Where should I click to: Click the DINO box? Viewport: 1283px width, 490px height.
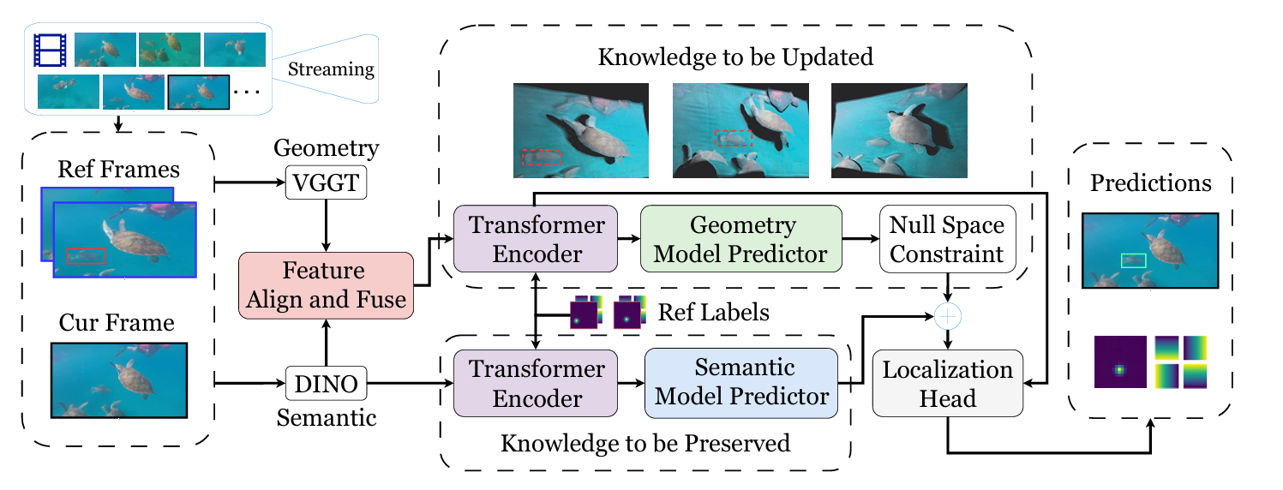point(326,384)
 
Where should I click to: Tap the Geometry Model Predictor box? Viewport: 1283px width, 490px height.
point(742,240)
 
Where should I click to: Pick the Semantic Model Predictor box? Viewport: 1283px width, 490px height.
point(740,384)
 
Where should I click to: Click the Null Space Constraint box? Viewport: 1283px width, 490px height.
point(946,240)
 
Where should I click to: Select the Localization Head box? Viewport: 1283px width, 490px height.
point(948,384)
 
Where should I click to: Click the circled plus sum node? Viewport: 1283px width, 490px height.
point(947,316)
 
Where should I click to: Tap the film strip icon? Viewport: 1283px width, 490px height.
point(50,50)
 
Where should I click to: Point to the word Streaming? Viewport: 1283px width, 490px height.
point(331,69)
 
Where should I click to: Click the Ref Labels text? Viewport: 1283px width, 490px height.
point(714,313)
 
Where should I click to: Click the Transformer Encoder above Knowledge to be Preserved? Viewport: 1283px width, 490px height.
point(535,384)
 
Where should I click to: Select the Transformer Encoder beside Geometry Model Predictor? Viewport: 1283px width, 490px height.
point(535,240)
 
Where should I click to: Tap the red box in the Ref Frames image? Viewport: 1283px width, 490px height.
point(86,255)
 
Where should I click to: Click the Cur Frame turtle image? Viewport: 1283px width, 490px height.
point(119,379)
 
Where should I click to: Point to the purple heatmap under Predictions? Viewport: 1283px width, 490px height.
point(1118,362)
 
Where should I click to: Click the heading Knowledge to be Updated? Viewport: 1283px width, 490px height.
point(735,57)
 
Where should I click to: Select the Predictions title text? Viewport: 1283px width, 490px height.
point(1151,183)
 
